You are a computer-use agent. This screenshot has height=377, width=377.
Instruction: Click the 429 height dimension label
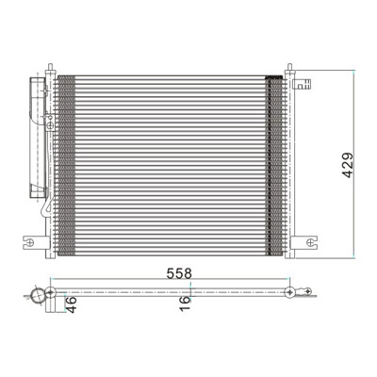(348, 165)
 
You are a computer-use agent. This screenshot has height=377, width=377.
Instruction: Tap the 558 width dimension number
(179, 273)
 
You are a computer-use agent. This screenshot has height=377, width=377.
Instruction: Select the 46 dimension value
(72, 304)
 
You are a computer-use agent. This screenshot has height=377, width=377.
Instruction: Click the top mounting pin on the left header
(50, 67)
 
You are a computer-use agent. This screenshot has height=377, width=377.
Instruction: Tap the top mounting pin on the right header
(289, 67)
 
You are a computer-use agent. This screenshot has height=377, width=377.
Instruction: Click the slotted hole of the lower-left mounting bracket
(30, 242)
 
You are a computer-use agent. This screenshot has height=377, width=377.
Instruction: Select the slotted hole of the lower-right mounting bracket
(311, 242)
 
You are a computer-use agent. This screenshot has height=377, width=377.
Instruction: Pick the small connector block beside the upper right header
(302, 84)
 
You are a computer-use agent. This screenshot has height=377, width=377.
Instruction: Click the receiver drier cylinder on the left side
(38, 138)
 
